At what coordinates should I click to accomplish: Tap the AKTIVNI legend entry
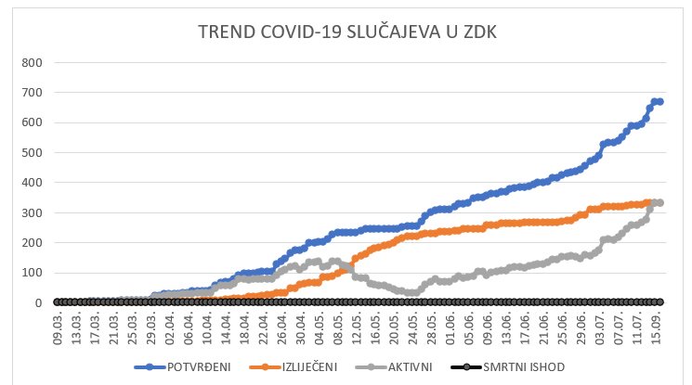411,366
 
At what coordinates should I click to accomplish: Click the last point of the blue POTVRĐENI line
659,102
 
